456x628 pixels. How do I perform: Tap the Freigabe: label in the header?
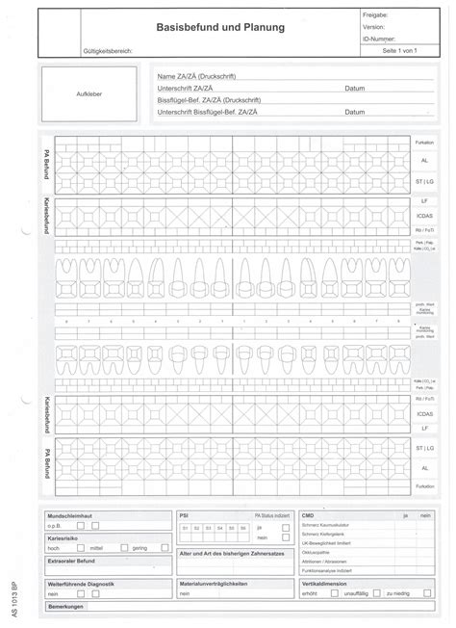click(375, 16)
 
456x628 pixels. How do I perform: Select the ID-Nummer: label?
click(378, 39)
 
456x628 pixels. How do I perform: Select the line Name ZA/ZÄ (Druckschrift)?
click(197, 76)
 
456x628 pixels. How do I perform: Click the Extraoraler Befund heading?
click(73, 560)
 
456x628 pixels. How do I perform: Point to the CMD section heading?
click(308, 515)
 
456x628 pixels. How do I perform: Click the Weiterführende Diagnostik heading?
click(81, 584)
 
